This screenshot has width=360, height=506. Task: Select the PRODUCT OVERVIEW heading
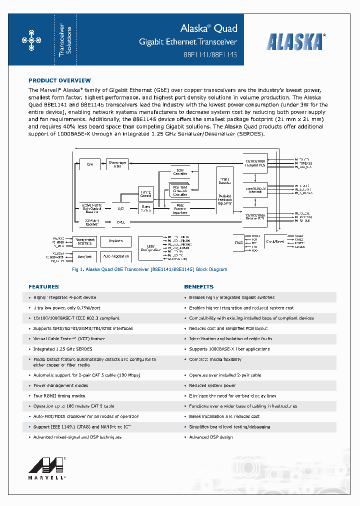tap(59, 80)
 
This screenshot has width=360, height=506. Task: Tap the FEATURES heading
tap(43, 287)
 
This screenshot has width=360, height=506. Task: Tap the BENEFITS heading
tap(198, 287)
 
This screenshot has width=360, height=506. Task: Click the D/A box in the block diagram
tap(90, 164)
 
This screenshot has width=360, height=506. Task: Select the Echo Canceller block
tap(180, 172)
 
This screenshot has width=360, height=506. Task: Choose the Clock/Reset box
tap(275, 241)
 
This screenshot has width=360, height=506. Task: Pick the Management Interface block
tap(84, 241)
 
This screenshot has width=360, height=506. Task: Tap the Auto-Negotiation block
tap(115, 256)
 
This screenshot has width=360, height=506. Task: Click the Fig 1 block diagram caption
tap(149, 269)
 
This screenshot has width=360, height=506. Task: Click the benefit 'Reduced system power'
tap(212, 385)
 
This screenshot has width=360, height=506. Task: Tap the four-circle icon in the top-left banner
tap(31, 40)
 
